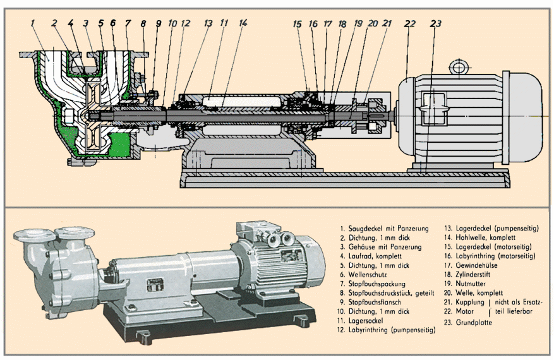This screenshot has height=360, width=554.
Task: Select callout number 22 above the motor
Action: point(411,23)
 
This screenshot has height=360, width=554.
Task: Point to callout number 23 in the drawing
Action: point(435,23)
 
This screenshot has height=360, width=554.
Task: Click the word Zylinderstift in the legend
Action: point(476,275)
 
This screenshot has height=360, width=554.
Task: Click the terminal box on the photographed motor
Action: point(261,233)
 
